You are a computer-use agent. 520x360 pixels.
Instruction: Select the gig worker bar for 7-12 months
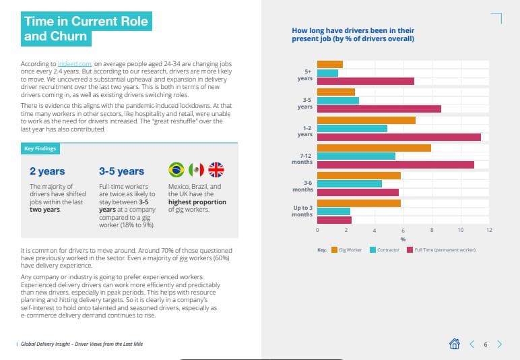point(374,148)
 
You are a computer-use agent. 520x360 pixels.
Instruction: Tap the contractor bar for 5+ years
point(327,73)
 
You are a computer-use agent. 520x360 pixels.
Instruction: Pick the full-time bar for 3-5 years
point(379,109)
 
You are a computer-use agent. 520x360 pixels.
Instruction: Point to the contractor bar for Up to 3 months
point(333,211)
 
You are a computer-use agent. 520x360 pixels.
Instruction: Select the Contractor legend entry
point(384,249)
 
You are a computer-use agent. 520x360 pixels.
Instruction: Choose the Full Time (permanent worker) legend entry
point(441,249)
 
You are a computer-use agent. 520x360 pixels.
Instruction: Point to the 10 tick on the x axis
point(460,231)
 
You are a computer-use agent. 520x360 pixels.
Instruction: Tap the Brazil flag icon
point(176,169)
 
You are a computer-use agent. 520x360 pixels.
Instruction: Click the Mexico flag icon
point(196,169)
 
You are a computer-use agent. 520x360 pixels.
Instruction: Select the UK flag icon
point(216,169)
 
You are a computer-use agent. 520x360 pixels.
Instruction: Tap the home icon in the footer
point(455,344)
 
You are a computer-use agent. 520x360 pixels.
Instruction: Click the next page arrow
point(499,344)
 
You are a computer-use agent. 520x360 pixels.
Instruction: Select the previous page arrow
point(472,344)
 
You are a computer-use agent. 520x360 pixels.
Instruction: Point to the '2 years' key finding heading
point(47,171)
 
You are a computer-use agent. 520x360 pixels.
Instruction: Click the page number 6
point(486,344)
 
